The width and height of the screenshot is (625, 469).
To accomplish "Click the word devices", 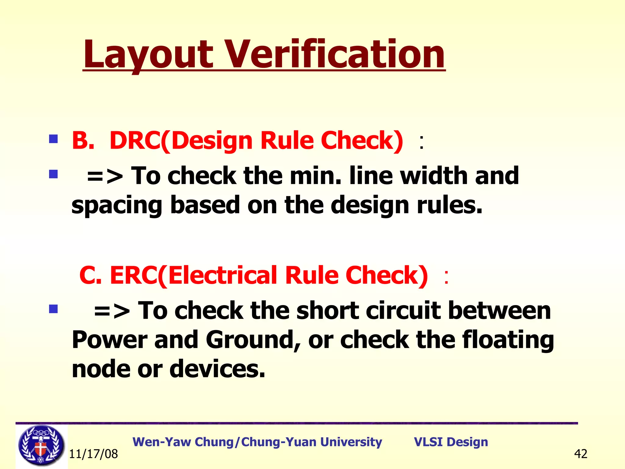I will point(217,369).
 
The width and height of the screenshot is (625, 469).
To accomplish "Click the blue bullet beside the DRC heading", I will point(53,139).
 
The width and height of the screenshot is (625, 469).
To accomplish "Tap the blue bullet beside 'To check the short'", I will point(53,309).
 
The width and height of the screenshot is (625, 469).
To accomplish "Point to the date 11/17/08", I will point(93,454).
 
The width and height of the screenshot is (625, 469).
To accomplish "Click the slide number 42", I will point(580,454).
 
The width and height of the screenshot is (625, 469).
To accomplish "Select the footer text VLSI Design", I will point(451,442).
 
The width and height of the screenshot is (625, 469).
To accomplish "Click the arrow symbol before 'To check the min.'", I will point(105,176).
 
